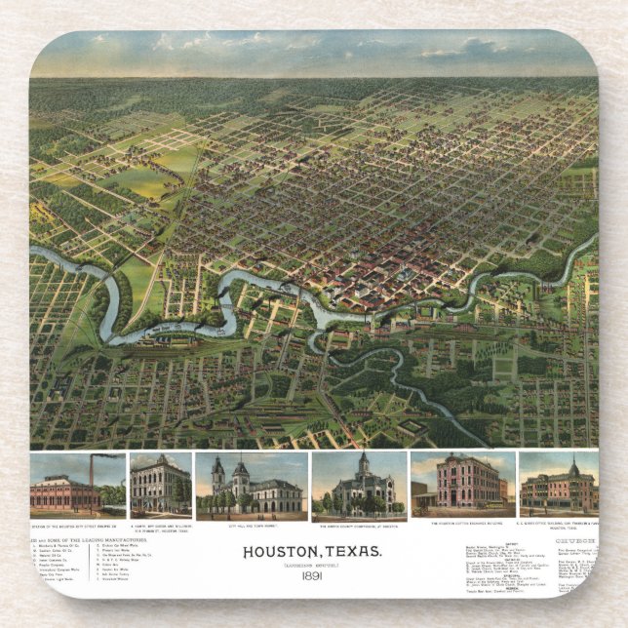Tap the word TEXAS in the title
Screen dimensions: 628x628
click(x=346, y=552)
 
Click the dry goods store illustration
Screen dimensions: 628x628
click(x=160, y=485)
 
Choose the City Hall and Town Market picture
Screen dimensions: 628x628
click(x=251, y=487)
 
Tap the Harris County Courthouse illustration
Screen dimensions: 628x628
click(x=359, y=487)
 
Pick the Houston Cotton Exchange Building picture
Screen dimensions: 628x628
click(x=462, y=485)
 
